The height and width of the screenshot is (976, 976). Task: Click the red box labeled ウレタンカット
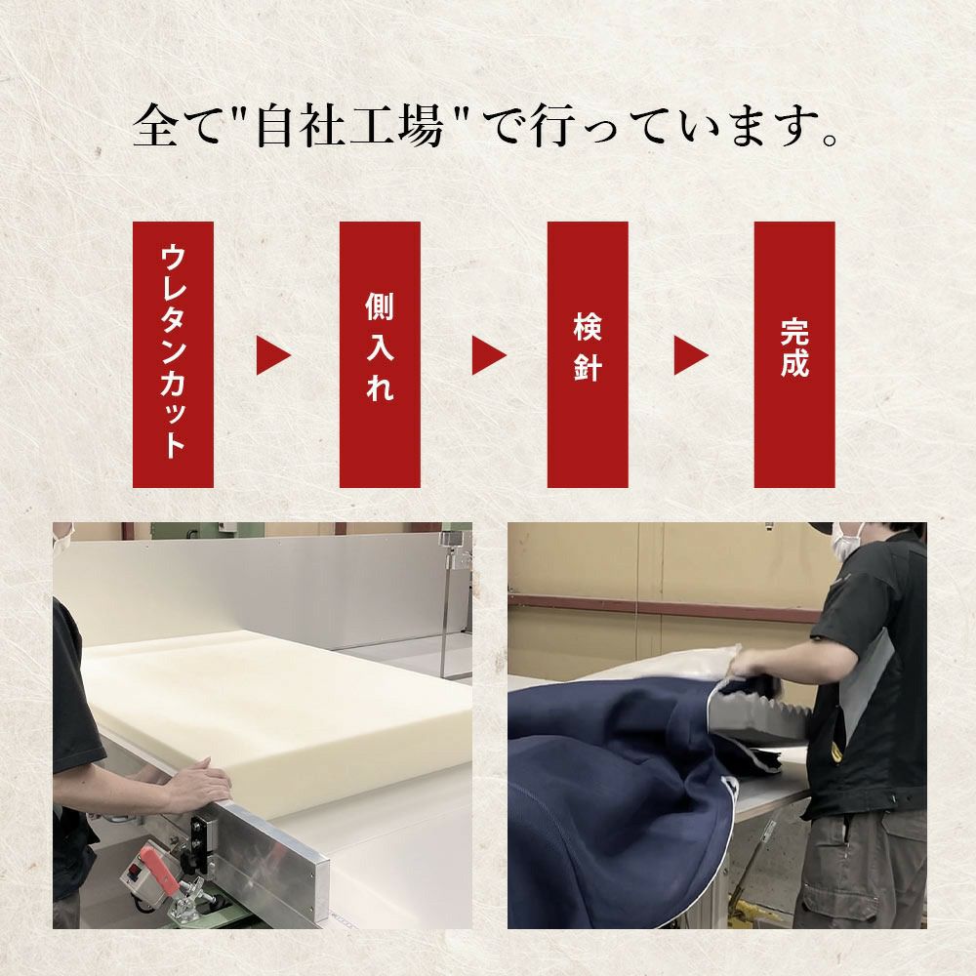(x=173, y=355)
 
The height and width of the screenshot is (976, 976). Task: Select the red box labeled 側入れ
(x=380, y=355)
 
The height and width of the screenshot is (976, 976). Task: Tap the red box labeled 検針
(x=588, y=355)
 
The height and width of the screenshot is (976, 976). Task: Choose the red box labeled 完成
(x=794, y=355)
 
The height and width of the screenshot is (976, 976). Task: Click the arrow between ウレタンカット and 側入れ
(x=272, y=355)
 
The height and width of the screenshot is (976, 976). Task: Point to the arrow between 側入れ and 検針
(x=489, y=355)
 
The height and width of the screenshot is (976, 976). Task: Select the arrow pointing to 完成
(x=691, y=355)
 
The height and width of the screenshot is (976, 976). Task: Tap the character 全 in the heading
(x=155, y=127)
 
